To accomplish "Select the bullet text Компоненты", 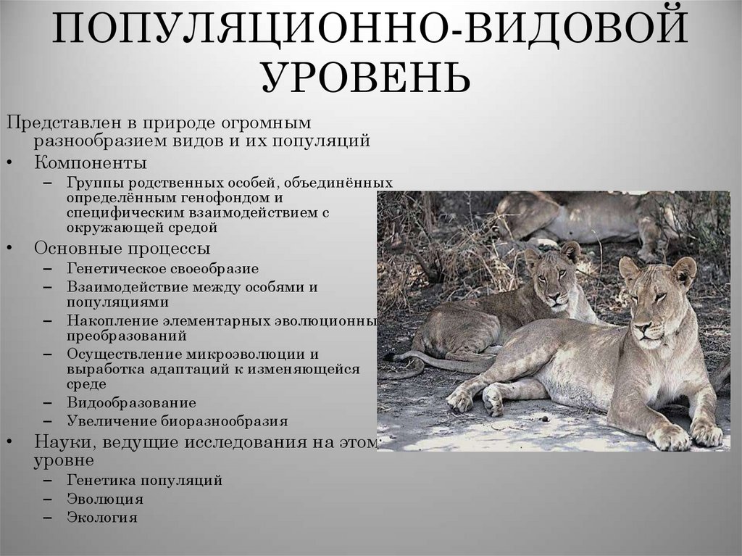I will pyautogui.click(x=91, y=162).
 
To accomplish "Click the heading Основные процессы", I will pyautogui.click(x=122, y=249).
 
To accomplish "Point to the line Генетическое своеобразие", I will pyautogui.click(x=162, y=268).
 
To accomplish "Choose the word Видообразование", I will pyautogui.click(x=130, y=402).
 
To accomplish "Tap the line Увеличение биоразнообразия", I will pyautogui.click(x=177, y=420).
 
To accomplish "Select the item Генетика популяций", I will pyautogui.click(x=144, y=480).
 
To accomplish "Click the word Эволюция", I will pyautogui.click(x=104, y=499).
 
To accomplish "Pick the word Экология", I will pyautogui.click(x=102, y=518).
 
